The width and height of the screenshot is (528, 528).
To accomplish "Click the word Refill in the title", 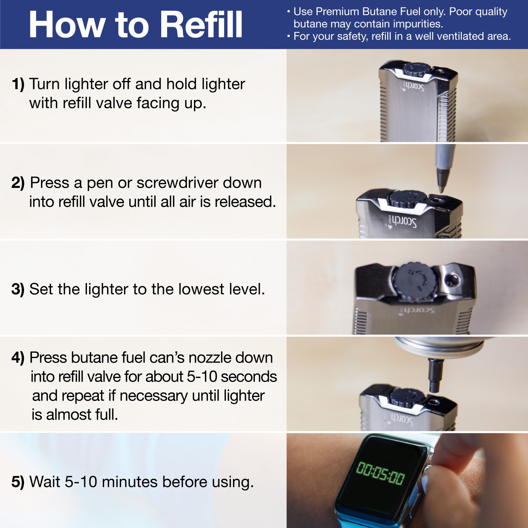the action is pyautogui.click(x=203, y=24).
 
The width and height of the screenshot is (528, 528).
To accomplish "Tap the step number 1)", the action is pyautogui.click(x=18, y=84).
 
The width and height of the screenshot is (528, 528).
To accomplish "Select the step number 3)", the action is pyautogui.click(x=18, y=289).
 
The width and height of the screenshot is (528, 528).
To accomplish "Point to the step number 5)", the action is pyautogui.click(x=18, y=482).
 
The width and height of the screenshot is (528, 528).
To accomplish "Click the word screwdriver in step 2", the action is pyautogui.click(x=199, y=183).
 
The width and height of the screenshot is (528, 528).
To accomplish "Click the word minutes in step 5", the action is pyautogui.click(x=129, y=482).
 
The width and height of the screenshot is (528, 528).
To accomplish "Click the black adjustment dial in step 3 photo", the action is pyautogui.click(x=415, y=282).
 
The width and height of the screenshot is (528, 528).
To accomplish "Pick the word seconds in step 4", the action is pyautogui.click(x=249, y=377).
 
